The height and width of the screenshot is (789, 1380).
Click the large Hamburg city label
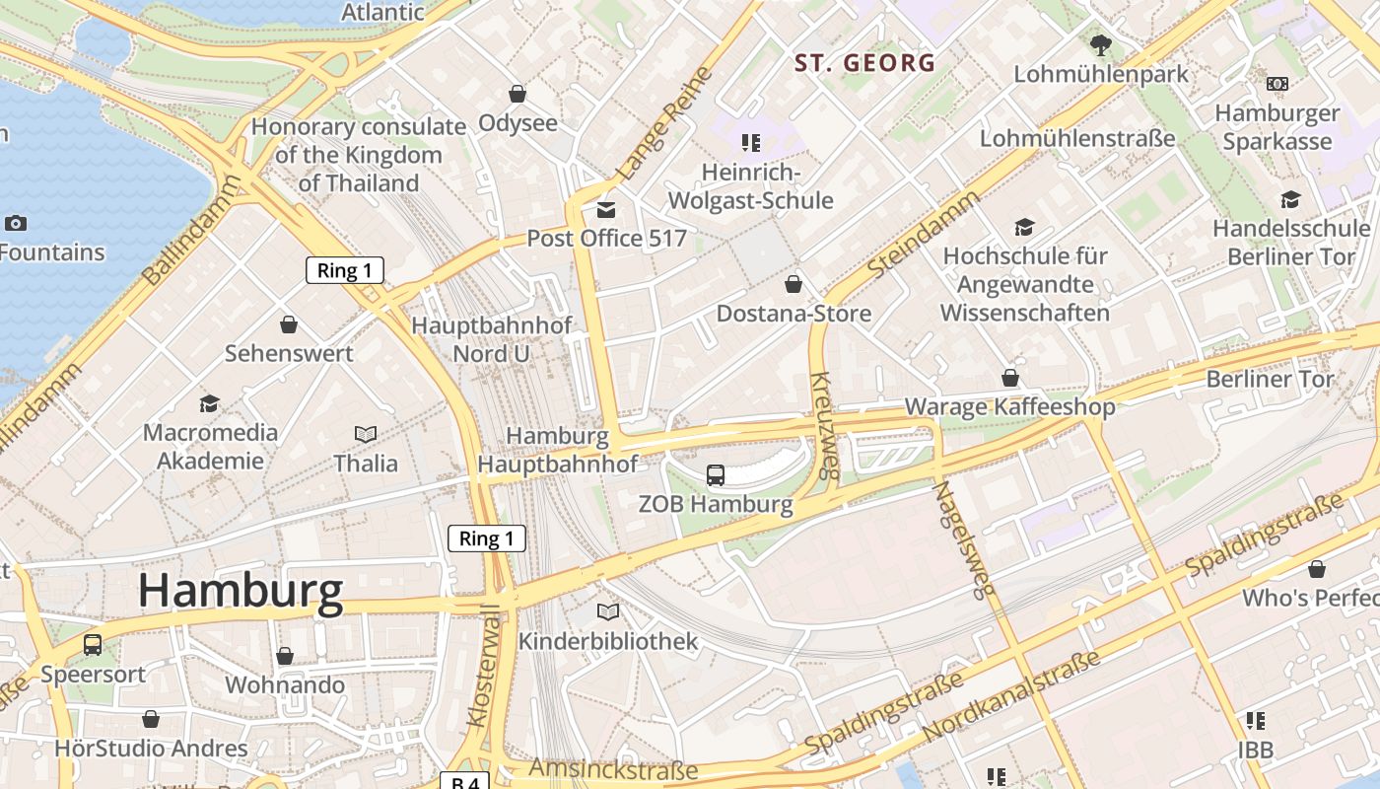point(241,590)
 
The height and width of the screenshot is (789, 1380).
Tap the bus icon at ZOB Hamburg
point(716,475)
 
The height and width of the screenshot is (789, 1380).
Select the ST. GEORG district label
point(864,63)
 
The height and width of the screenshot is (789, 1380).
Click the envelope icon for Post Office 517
point(605,210)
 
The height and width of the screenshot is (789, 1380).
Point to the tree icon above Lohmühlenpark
point(1101,44)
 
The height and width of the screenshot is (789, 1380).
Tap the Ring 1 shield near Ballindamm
point(344,270)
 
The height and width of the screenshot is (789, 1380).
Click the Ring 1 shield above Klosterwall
point(486,538)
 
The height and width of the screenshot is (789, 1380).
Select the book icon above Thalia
point(366,434)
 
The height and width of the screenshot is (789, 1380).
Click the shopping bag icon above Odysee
point(517,94)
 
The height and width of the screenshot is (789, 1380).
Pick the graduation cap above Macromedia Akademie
point(209,403)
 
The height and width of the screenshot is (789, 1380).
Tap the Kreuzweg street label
point(824,424)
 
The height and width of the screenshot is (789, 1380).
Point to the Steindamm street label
point(924,234)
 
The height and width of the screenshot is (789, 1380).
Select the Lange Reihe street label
point(663,124)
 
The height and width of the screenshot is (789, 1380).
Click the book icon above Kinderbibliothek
point(608,612)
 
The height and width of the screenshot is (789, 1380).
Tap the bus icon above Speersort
point(93,645)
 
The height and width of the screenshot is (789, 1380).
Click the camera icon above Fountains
point(16,223)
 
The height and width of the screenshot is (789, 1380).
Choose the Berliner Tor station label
point(1270,379)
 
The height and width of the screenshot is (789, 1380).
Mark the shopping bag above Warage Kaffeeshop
point(1010,378)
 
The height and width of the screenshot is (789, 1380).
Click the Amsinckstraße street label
point(613,769)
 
